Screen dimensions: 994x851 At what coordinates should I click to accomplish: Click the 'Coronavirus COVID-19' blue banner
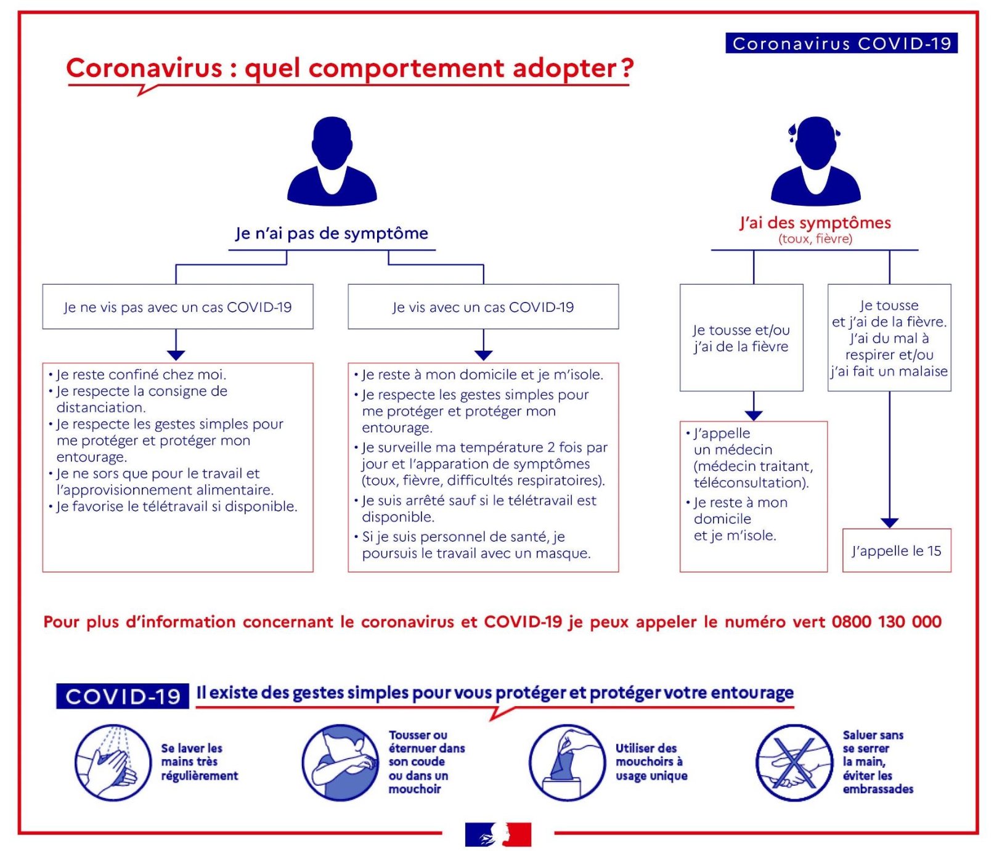coord(841,43)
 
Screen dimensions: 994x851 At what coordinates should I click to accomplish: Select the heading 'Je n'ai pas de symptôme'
coord(332,234)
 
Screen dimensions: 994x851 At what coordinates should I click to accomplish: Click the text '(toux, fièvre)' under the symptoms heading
coord(815,239)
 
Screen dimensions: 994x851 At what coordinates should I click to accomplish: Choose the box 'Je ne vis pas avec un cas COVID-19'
coord(177,306)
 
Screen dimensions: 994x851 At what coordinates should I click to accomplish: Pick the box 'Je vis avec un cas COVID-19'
coord(483,306)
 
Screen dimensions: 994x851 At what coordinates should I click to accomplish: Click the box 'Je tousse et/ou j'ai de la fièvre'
coord(741,338)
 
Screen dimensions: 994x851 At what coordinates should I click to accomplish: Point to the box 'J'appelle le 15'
coord(897,550)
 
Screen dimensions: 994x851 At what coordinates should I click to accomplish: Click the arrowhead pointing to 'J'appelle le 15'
coord(889,523)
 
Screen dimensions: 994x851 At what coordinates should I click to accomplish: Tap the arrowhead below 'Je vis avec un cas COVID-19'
coord(484,356)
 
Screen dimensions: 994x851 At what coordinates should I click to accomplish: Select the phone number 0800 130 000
coord(886,621)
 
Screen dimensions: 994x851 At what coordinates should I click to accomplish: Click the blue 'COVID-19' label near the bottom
coord(123,696)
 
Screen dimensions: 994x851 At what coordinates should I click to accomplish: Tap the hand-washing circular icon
coord(113,763)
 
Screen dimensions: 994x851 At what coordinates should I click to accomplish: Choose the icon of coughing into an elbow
coord(340,763)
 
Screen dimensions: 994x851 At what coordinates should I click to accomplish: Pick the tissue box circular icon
coord(567,763)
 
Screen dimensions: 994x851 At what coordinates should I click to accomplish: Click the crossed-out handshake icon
coord(794,763)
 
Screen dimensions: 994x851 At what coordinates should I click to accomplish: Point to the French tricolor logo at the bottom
coord(498,834)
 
